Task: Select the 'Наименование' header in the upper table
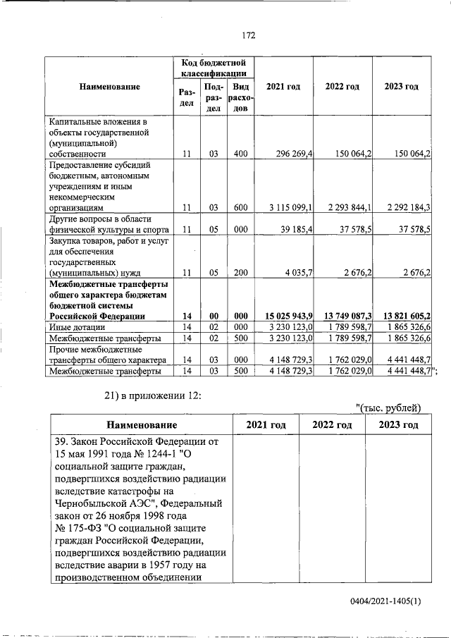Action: (109, 87)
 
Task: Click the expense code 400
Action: (240, 152)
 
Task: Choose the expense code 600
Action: (240, 207)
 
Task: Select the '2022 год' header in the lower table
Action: (332, 424)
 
